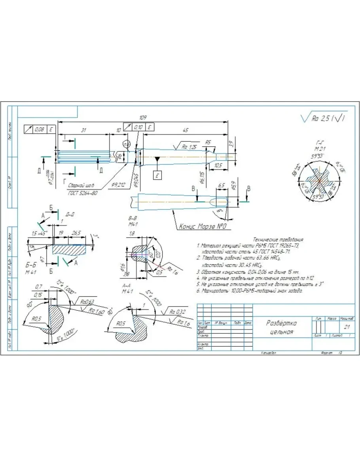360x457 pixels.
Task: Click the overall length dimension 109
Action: coord(143,118)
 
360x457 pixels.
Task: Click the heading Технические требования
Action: coord(278,239)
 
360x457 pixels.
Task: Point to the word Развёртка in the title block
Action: coord(281,323)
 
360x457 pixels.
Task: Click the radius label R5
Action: coord(208,142)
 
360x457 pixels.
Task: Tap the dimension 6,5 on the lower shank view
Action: coord(221,185)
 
